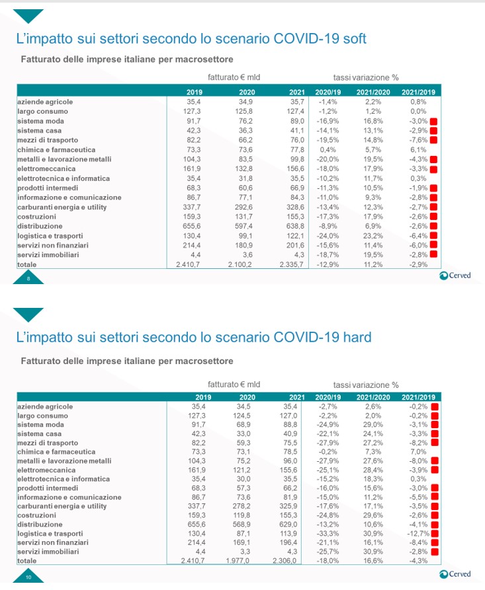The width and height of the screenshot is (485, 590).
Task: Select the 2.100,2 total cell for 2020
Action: point(241,266)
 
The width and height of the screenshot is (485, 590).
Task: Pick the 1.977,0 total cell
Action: point(241,560)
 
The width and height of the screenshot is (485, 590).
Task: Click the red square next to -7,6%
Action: point(434,140)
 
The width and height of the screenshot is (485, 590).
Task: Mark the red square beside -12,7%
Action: point(434,533)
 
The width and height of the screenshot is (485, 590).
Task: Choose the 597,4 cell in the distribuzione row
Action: point(243,227)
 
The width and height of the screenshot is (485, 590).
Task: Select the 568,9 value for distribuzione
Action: point(243,523)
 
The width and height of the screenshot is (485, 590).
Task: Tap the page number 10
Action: point(28,577)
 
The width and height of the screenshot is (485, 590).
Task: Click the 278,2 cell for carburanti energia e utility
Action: point(243,505)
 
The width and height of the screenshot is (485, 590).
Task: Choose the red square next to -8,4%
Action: point(434,542)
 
